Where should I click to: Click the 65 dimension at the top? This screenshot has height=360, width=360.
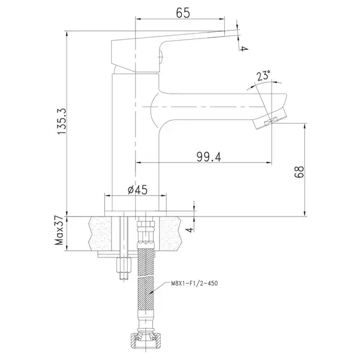click(183, 13)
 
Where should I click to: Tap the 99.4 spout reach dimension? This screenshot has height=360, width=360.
click(209, 157)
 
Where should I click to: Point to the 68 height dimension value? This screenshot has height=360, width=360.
click(299, 172)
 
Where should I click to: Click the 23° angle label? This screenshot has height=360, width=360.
click(263, 76)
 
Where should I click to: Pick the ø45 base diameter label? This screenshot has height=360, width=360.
click(137, 190)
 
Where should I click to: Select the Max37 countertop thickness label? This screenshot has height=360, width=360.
click(59, 230)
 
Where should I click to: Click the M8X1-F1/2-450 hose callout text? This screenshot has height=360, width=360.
click(194, 283)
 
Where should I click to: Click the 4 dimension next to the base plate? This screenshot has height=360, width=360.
click(190, 230)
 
